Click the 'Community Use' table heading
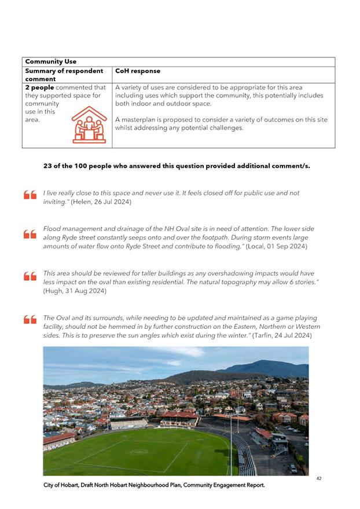coord(51,61)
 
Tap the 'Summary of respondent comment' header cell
coord(64,75)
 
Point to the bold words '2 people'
coord(38,87)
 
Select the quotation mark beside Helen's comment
coord(30,195)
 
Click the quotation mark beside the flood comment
coord(30,235)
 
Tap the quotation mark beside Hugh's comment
coord(30,276)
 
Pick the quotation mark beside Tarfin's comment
coord(30,320)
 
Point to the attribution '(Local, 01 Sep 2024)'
coord(277,246)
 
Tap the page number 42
coord(319,478)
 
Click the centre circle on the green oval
coord(139,452)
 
